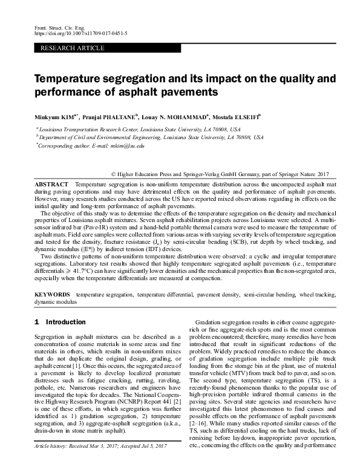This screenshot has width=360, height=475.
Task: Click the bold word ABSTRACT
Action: [x=51, y=183]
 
